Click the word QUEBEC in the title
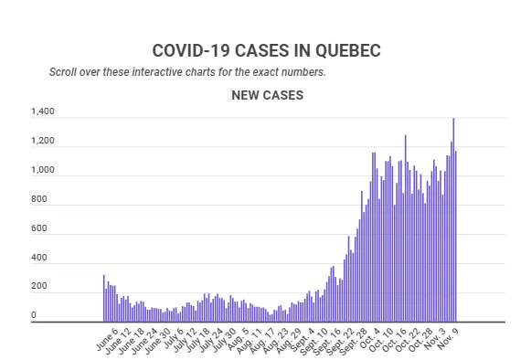[x=348, y=51]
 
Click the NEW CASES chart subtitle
[x=268, y=95]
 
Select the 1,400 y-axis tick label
[x=43, y=111]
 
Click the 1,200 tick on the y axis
[x=43, y=141]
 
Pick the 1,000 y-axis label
[x=43, y=170]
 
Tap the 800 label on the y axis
[x=39, y=199]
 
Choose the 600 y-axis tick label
[x=39, y=228]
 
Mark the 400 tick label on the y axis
[x=39, y=258]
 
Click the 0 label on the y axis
[x=34, y=315]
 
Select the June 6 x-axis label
[x=107, y=339]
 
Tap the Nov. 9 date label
[x=448, y=338]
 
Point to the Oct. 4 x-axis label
[x=370, y=339]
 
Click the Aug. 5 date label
[x=238, y=339]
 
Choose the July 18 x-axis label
[x=198, y=341]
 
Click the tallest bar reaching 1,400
[x=453, y=220]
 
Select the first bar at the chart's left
[x=104, y=298]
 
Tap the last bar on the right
[x=456, y=237]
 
